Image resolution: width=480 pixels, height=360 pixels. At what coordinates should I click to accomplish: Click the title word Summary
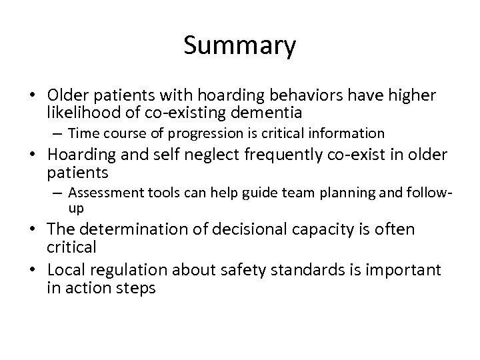(239, 46)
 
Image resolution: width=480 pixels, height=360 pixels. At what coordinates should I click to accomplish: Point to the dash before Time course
(60, 133)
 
